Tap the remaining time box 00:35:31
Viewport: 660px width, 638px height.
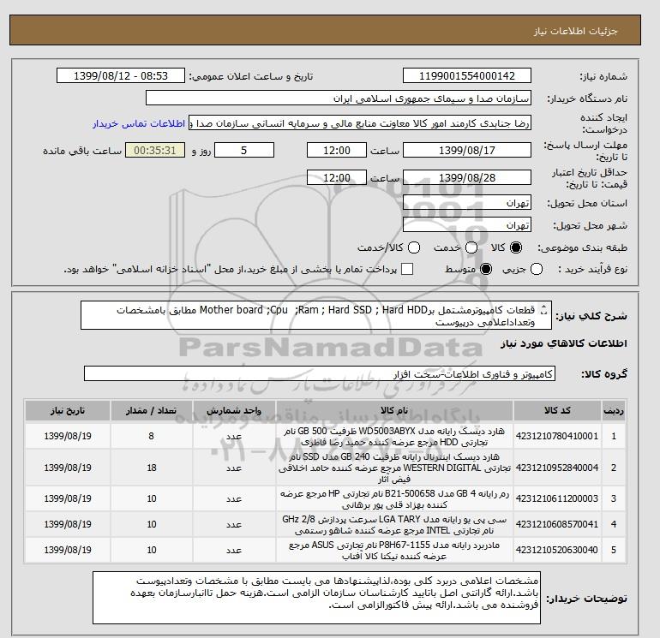tap(155, 151)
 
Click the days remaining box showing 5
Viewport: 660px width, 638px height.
tap(244, 151)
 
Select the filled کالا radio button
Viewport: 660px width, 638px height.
tap(515, 247)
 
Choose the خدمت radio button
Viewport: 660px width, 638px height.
tap(463, 247)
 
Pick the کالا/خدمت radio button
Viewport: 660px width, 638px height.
tap(414, 247)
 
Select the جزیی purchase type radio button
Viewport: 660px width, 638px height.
tap(537, 270)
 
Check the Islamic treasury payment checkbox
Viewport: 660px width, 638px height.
tap(407, 270)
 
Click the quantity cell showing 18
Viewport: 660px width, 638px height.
tap(152, 467)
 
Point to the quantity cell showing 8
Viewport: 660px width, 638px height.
tap(152, 437)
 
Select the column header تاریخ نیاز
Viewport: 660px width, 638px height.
tap(64, 410)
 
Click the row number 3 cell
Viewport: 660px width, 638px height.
tap(614, 497)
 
